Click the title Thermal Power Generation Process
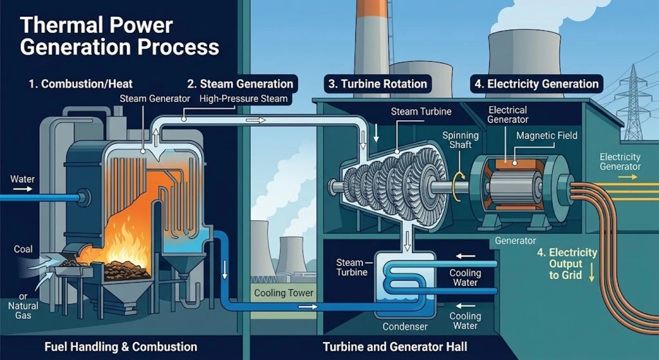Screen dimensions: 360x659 click(x=120, y=36)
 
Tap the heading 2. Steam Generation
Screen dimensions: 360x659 click(x=240, y=84)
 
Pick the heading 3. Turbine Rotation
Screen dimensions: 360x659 click(x=376, y=84)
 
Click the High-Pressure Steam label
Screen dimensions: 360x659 click(x=244, y=99)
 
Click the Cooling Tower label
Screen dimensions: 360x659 click(x=284, y=293)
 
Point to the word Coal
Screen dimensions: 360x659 click(x=23, y=249)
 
